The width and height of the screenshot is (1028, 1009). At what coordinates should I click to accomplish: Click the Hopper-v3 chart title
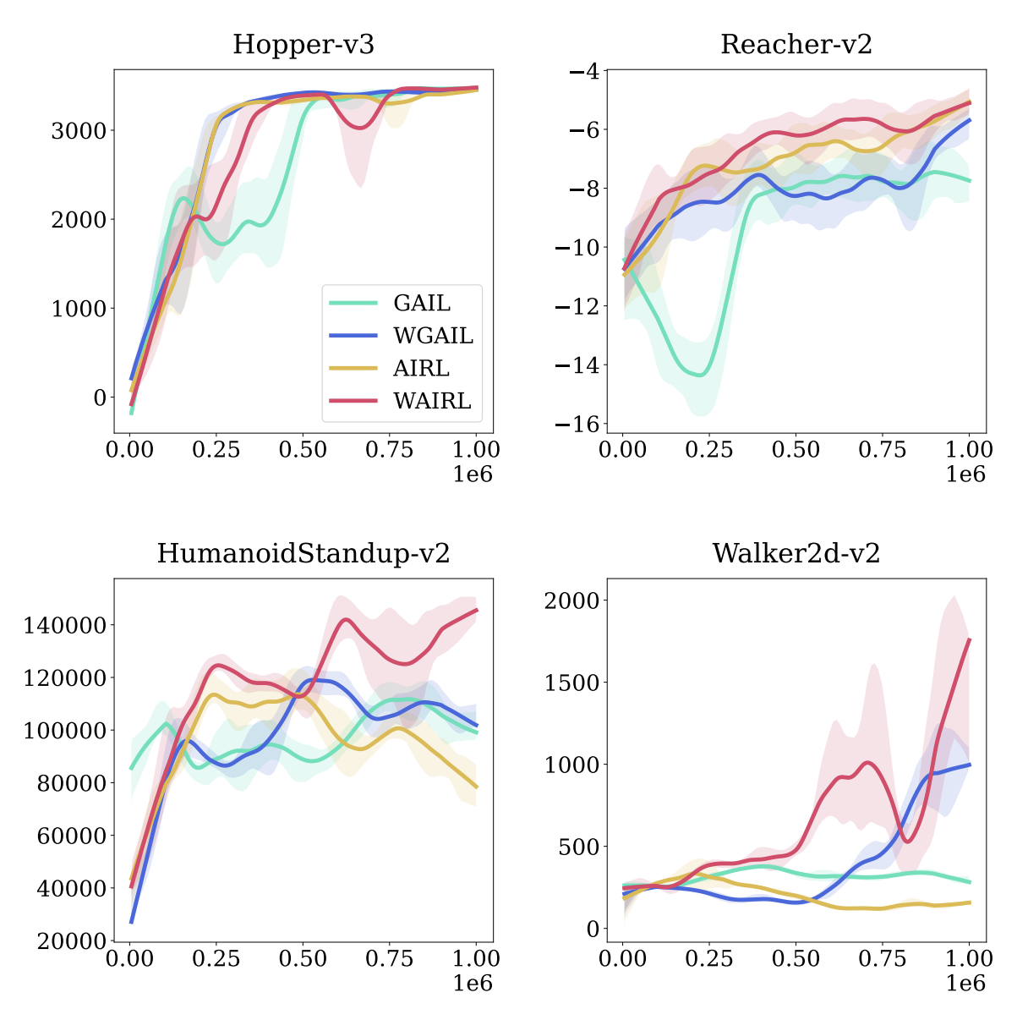point(303,45)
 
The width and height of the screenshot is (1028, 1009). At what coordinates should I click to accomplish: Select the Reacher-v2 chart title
point(796,45)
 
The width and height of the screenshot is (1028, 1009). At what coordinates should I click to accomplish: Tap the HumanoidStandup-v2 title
point(303,554)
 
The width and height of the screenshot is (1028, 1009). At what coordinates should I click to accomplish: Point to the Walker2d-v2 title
point(796,554)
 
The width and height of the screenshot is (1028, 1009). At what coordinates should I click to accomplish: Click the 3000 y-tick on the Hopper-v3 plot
point(79,131)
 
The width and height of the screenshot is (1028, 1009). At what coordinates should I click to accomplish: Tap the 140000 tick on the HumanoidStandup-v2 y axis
point(63,626)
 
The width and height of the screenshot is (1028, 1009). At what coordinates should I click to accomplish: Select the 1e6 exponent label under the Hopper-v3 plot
point(473,474)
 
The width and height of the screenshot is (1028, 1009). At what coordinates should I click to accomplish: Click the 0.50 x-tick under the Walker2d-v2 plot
point(796,958)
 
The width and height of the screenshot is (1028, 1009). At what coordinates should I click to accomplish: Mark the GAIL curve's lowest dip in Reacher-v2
point(700,375)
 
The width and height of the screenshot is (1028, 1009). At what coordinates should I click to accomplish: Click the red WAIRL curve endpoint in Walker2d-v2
point(969,640)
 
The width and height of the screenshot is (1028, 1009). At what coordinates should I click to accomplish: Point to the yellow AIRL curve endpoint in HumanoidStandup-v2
point(477,787)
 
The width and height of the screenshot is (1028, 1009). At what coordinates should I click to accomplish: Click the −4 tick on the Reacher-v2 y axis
point(583,71)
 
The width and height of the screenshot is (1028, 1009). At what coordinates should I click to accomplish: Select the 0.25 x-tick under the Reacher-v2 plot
point(709,449)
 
